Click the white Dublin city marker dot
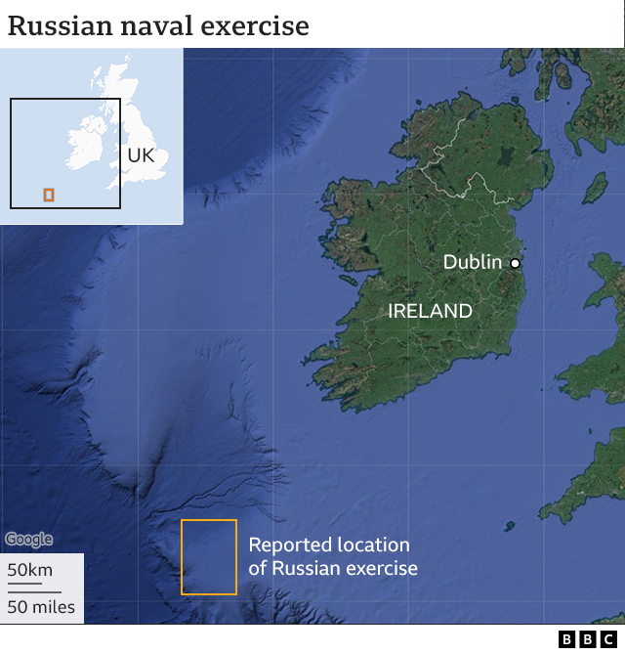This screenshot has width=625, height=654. pyautogui.click(x=515, y=263)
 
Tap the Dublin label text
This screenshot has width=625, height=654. pyautogui.click(x=472, y=262)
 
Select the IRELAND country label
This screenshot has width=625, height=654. pyautogui.click(x=430, y=312)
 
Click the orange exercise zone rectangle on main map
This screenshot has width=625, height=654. pyautogui.click(x=209, y=557)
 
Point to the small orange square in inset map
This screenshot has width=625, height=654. pyautogui.click(x=49, y=196)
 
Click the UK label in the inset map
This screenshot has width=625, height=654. pyautogui.click(x=141, y=155)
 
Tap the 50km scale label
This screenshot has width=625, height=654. pyautogui.click(x=30, y=571)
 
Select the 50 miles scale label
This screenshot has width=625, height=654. pyautogui.click(x=41, y=607)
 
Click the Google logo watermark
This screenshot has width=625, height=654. pyautogui.click(x=28, y=540)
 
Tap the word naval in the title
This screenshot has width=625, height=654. pyautogui.click(x=152, y=25)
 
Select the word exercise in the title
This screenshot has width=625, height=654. pyautogui.click(x=254, y=25)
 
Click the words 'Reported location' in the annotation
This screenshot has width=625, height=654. pyautogui.click(x=329, y=545)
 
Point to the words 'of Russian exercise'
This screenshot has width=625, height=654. pyautogui.click(x=333, y=568)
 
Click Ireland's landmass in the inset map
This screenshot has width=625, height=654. pyautogui.click(x=85, y=145)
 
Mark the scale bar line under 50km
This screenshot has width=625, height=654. pyautogui.click(x=24, y=585)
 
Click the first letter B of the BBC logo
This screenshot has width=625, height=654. pyautogui.click(x=566, y=639)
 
